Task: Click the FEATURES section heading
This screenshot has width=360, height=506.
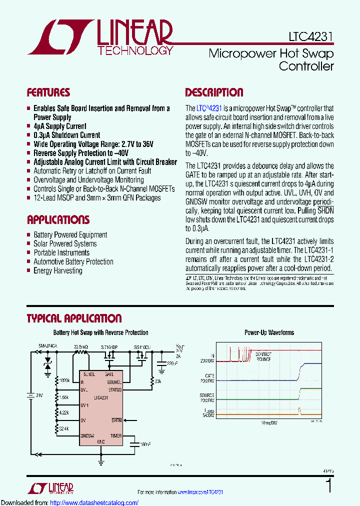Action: click(48, 92)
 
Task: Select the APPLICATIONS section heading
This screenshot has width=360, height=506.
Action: click(58, 220)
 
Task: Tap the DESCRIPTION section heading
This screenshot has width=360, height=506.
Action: click(214, 92)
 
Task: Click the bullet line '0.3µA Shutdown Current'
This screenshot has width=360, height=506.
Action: click(66, 135)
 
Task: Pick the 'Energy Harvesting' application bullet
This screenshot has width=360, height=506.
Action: click(57, 270)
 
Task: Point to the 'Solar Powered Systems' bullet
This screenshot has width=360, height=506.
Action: click(65, 243)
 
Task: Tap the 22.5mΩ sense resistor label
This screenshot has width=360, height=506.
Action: click(81, 346)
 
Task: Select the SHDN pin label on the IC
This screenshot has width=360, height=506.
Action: click(116, 420)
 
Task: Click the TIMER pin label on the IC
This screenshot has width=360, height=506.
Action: click(115, 436)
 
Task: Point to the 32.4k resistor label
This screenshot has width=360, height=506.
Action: click(64, 429)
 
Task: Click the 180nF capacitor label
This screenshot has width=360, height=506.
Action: click(145, 443)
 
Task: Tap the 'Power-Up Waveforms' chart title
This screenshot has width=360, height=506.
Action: click(269, 332)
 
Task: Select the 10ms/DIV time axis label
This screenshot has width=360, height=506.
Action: click(268, 423)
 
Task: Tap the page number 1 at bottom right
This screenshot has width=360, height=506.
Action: click(328, 485)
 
